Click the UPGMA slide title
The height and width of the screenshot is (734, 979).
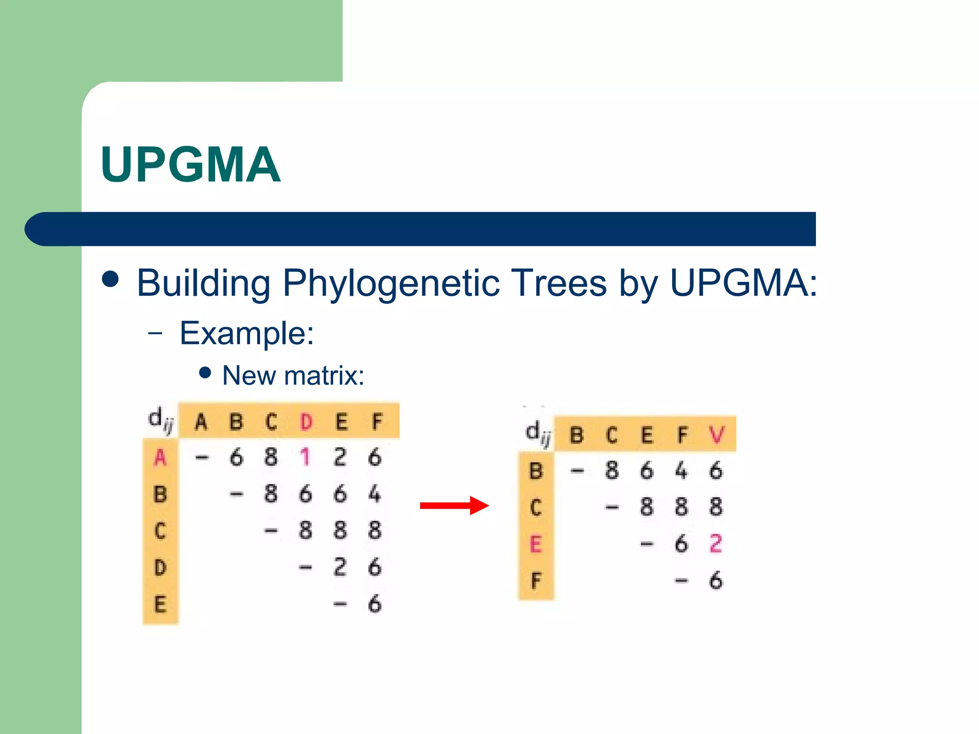190,164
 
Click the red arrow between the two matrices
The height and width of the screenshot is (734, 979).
454,506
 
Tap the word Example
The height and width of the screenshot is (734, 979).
246,333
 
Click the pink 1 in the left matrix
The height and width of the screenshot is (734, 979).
305,457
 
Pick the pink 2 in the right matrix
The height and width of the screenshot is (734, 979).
716,543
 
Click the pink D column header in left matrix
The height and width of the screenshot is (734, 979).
306,422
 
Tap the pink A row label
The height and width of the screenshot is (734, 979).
160,457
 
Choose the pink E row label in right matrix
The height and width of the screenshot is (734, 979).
535,544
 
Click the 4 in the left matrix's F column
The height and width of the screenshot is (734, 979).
375,494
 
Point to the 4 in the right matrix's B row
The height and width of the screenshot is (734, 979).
681,471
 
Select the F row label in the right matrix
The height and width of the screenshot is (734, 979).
535,581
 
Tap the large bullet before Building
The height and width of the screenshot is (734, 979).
111,280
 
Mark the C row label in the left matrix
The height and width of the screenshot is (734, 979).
160,530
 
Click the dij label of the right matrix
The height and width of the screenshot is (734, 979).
538,433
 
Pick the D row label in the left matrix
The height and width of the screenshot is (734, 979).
160,567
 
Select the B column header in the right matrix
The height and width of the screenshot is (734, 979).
577,435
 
